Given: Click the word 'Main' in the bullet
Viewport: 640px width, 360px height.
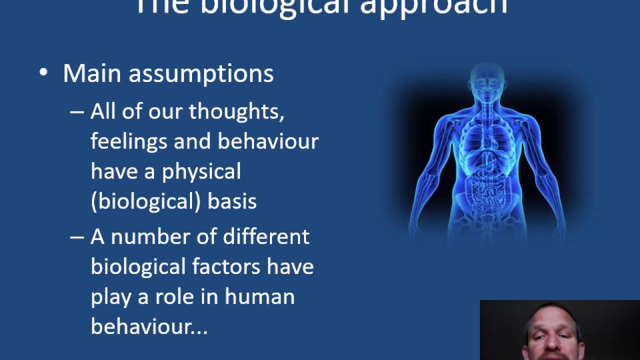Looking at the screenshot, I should (x=92, y=73).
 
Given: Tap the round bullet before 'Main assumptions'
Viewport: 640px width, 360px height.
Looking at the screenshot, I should (x=43, y=73).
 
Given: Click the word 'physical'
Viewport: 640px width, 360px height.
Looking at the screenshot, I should (x=201, y=172).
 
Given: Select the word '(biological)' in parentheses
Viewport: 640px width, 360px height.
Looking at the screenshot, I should (x=145, y=201).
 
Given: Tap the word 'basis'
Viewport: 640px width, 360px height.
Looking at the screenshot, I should (x=232, y=201).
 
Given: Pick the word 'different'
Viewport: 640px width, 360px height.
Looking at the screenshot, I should (x=266, y=236).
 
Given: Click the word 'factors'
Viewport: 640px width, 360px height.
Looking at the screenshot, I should (x=226, y=266).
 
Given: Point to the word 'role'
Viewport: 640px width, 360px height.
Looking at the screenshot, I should (x=174, y=296).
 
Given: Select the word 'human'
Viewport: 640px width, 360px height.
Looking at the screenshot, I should (x=259, y=296).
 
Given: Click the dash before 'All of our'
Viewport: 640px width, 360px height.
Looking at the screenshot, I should (x=77, y=112).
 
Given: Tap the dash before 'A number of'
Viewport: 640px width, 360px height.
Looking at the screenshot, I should (x=77, y=237).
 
